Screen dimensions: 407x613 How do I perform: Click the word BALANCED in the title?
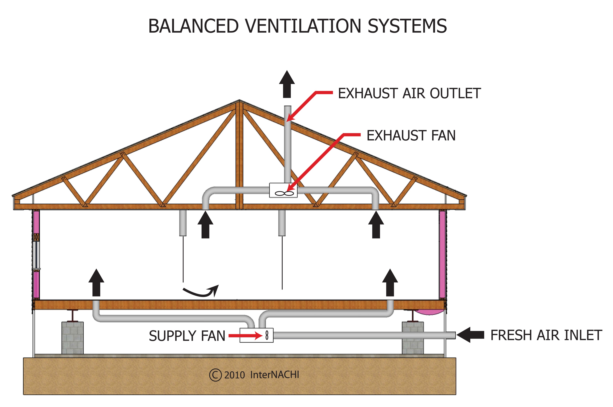pyautogui.click(x=193, y=26)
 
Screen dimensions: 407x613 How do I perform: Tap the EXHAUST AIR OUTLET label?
pyautogui.click(x=409, y=94)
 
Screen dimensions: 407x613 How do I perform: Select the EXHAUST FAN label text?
pyautogui.click(x=411, y=135)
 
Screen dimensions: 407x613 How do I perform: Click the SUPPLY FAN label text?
pyautogui.click(x=187, y=336)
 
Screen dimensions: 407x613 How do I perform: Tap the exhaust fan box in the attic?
pyautogui.click(x=283, y=190)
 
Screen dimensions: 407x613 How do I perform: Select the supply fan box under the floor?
pyautogui.click(x=256, y=335)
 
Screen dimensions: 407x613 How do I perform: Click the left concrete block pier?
pyautogui.click(x=72, y=338)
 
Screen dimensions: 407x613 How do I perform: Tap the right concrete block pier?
pyautogui.click(x=413, y=338)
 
